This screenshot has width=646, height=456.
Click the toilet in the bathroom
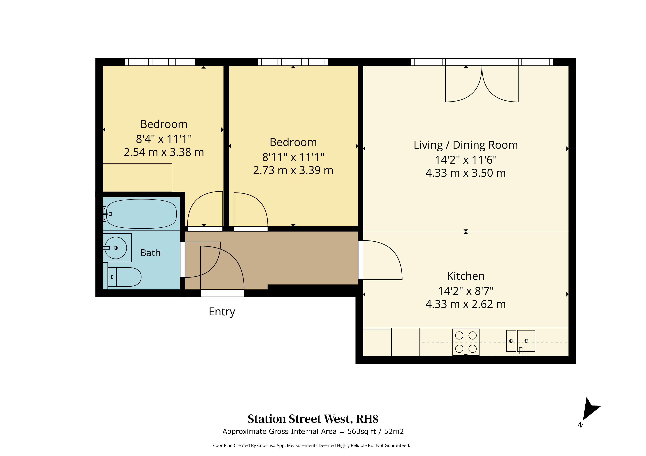[124, 277]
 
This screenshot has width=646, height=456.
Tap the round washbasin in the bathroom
[116, 248]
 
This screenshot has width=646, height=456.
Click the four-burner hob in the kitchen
[466, 342]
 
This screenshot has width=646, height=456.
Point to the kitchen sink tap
[521, 350]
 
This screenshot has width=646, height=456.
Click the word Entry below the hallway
[222, 312]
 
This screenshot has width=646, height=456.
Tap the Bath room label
[150, 253]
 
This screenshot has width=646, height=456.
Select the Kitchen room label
[466, 276]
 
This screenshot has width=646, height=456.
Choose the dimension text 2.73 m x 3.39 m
[293, 170]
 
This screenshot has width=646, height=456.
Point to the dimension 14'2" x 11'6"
[466, 160]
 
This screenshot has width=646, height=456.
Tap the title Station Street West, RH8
[313, 419]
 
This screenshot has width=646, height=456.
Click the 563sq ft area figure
[361, 432]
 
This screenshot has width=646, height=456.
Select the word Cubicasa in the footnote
[266, 445]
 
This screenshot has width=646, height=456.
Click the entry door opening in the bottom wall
[222, 293]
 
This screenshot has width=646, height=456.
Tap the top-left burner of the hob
[459, 335]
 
